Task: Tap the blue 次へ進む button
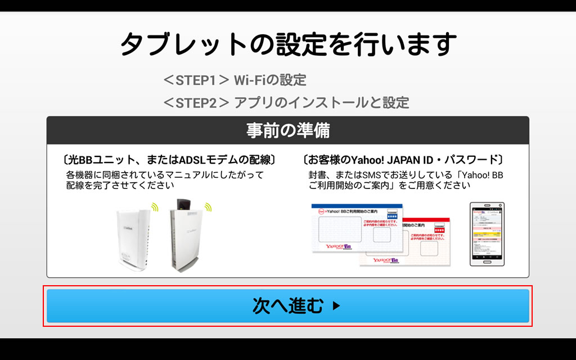(287, 306)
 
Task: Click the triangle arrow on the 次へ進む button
(336, 307)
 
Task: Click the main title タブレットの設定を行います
(287, 44)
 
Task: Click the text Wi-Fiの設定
(270, 80)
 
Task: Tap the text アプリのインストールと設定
(321, 102)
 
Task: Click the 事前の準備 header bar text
(287, 130)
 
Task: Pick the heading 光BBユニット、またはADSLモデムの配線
(169, 160)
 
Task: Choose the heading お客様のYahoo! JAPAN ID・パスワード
(403, 160)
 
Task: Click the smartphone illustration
(487, 234)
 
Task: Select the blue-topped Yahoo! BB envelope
(357, 228)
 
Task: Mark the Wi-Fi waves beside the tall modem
(208, 207)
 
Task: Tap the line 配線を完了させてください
(120, 185)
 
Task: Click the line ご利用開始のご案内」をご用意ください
(389, 185)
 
